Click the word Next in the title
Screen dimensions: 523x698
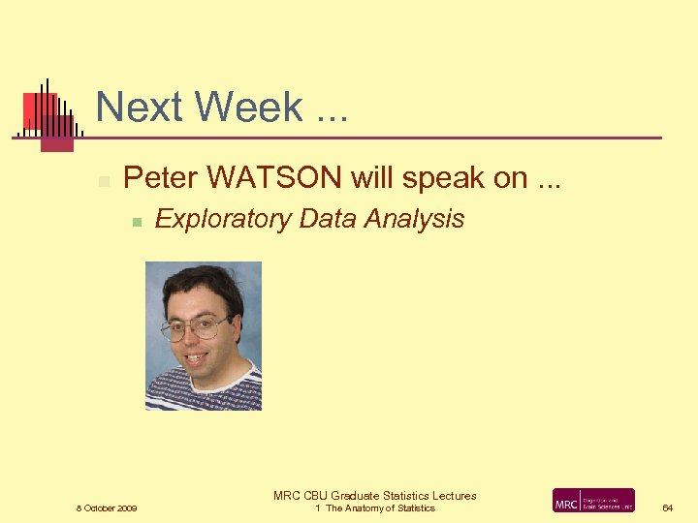(x=135, y=108)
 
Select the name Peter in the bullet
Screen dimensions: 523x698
(x=161, y=178)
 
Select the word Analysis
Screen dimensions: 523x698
(x=415, y=220)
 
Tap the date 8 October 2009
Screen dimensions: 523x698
(x=107, y=508)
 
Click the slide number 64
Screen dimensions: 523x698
(x=667, y=508)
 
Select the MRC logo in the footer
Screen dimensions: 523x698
(x=593, y=501)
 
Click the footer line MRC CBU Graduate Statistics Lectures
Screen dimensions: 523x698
(x=375, y=496)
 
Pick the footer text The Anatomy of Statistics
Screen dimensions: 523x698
(x=380, y=508)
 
